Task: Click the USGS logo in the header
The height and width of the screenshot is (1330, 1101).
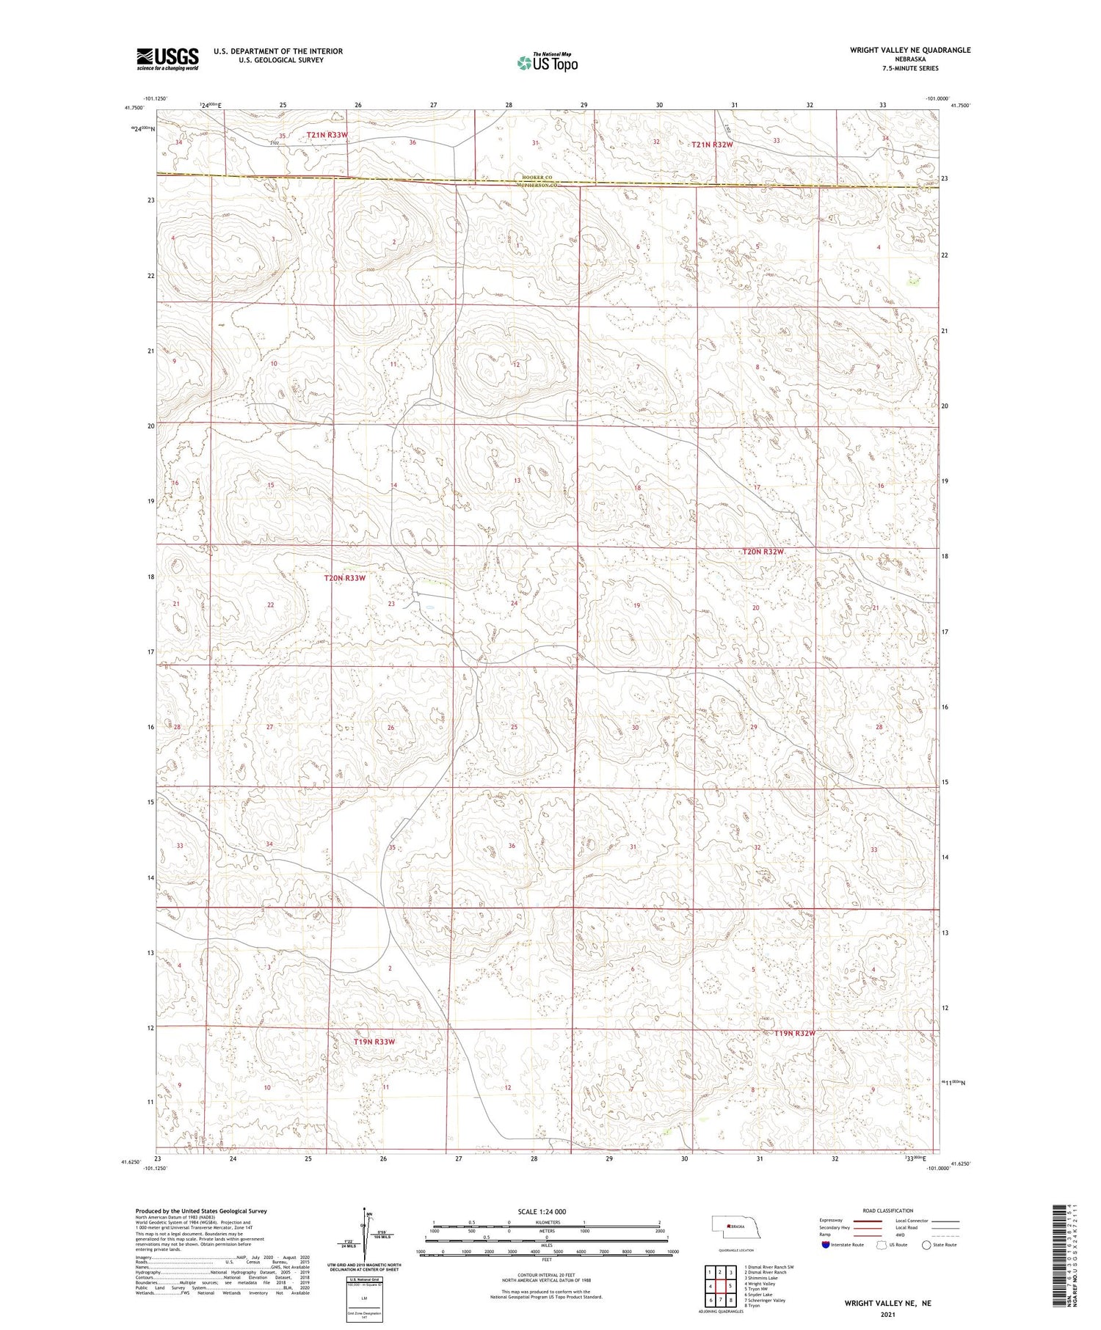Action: [167, 59]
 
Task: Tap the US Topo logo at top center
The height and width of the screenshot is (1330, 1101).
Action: [547, 63]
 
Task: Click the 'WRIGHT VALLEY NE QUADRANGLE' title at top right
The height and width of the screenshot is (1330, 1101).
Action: [909, 50]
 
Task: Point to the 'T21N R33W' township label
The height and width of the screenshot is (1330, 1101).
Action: [327, 135]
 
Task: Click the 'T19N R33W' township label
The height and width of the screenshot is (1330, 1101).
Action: [374, 1041]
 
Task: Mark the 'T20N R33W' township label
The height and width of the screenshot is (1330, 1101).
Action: [344, 578]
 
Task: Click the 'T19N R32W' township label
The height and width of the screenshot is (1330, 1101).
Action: [795, 1033]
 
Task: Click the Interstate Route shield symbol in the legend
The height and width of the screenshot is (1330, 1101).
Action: [825, 1244]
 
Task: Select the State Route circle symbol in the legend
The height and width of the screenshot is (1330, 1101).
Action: [926, 1244]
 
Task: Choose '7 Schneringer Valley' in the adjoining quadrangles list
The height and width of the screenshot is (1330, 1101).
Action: [765, 1300]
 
